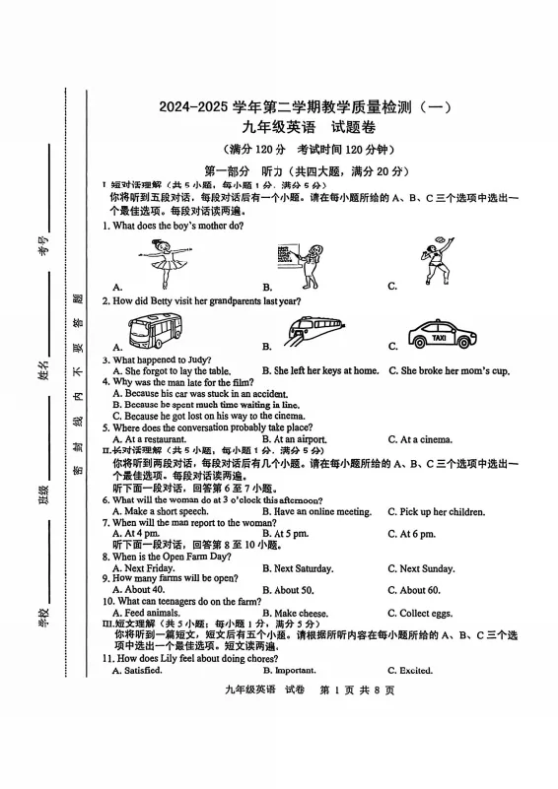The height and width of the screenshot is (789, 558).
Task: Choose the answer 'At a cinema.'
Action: (425, 439)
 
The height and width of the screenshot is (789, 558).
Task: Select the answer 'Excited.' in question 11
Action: (415, 671)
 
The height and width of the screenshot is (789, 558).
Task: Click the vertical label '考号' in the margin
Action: (43, 245)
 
